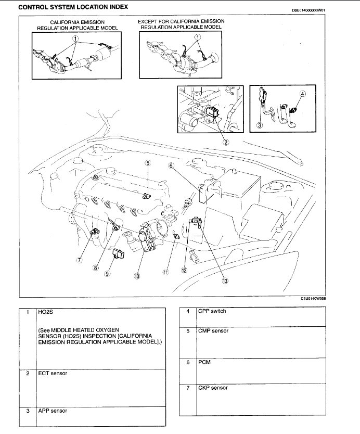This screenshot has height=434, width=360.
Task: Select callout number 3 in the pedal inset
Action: pyautogui.click(x=260, y=125)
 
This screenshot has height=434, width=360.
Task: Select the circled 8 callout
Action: pyautogui.click(x=96, y=268)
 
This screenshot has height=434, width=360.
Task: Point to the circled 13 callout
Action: pyautogui.click(x=225, y=280)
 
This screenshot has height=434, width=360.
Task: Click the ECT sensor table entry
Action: pyautogui.click(x=53, y=374)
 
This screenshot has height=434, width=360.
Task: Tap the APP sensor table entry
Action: pyautogui.click(x=53, y=411)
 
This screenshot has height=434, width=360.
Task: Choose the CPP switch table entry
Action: pyautogui.click(x=213, y=312)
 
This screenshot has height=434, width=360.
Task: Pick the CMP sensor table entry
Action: pyautogui.click(x=213, y=331)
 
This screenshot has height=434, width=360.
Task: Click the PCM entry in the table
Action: pyautogui.click(x=204, y=362)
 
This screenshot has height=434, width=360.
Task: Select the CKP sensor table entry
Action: pyautogui.click(x=213, y=388)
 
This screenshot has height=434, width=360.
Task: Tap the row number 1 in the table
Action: pyautogui.click(x=27, y=313)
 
